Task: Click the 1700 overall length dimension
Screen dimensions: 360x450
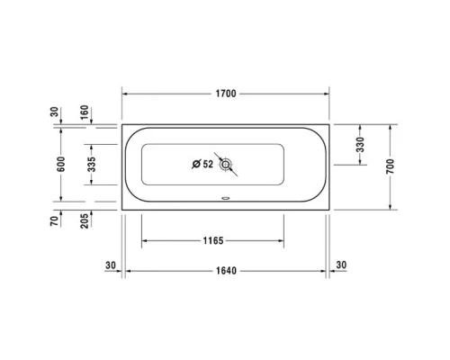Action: click(x=226, y=93)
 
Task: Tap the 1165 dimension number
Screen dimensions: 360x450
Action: click(x=213, y=241)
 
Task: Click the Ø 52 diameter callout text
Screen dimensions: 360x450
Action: click(x=202, y=164)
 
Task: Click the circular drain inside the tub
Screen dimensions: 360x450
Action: click(x=226, y=164)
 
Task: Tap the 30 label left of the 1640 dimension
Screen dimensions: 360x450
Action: click(x=111, y=265)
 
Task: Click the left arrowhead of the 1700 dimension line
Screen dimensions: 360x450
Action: click(x=125, y=93)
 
